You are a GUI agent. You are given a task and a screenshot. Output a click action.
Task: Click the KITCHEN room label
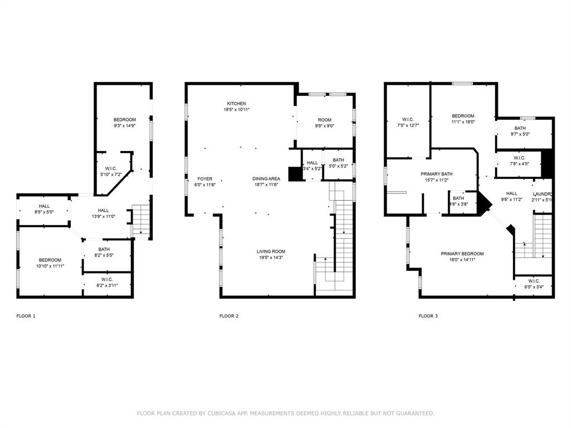coord(236,104)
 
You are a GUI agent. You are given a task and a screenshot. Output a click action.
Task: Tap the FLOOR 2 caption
coord(229,316)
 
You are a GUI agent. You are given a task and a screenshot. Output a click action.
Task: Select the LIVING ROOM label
coord(271,251)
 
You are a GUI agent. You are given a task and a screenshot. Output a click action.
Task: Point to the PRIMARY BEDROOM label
coord(462,254)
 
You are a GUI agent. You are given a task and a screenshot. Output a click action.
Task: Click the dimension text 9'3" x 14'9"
coord(125,126)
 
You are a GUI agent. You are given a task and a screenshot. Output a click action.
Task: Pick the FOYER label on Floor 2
coord(205,179)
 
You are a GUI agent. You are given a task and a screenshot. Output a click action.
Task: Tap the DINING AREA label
coord(266,179)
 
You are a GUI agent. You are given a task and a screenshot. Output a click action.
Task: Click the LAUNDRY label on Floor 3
coord(543,194)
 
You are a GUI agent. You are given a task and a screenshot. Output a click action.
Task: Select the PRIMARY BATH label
coord(437,174)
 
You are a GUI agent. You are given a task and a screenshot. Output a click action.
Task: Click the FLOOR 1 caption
coord(26,316)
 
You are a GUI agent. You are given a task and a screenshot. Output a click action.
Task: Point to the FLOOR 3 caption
coord(428,316)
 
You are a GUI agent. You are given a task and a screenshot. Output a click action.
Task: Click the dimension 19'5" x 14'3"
coord(271,257)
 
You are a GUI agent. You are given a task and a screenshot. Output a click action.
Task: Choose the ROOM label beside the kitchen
coord(325,120)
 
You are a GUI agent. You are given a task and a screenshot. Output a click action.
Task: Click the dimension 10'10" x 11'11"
coord(50,266)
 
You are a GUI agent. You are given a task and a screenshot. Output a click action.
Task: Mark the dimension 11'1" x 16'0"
coord(463,122)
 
